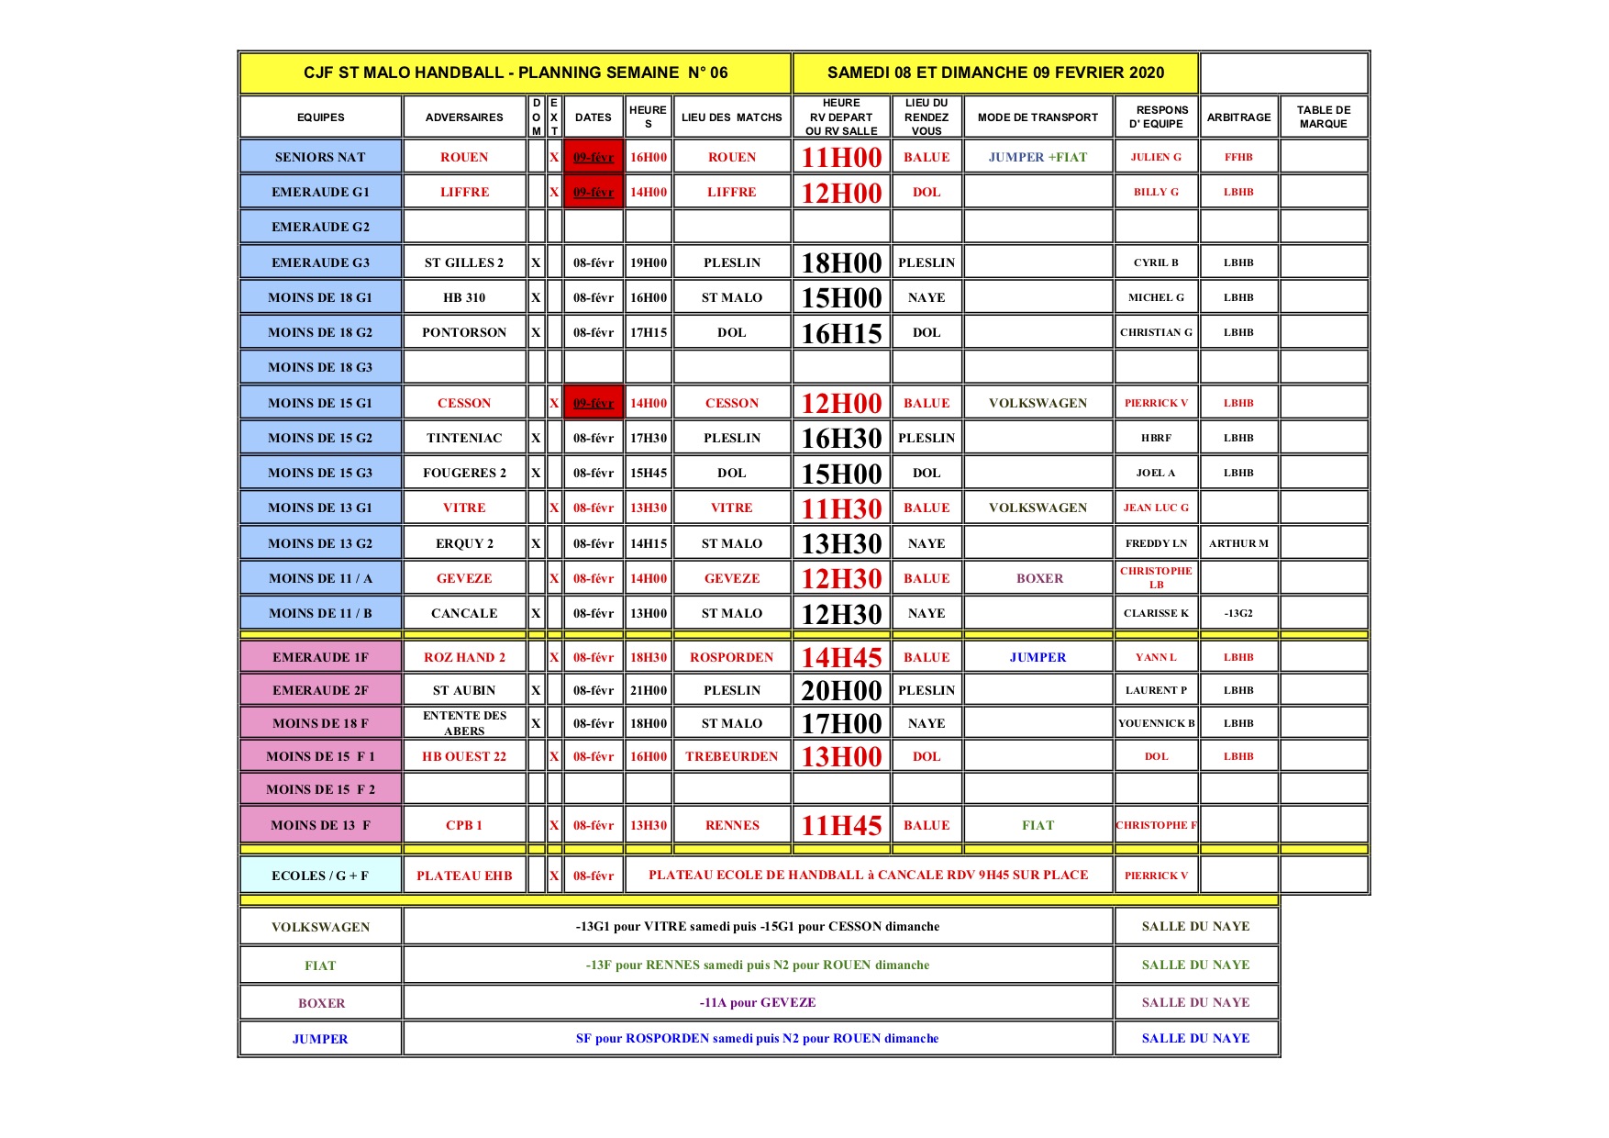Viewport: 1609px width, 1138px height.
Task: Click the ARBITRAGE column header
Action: click(x=1238, y=117)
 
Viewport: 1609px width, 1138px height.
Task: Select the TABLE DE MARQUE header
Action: click(x=1323, y=117)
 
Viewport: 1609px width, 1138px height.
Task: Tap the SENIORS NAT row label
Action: click(x=320, y=157)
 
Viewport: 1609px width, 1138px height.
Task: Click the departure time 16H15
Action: click(x=841, y=333)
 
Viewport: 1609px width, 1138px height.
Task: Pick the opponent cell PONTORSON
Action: click(x=464, y=332)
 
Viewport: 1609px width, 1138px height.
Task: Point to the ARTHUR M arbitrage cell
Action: click(x=1238, y=543)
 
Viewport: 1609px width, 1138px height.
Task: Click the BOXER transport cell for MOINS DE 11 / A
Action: click(x=1038, y=578)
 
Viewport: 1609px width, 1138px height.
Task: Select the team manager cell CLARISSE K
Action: click(x=1156, y=613)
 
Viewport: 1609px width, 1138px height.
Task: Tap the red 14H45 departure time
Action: click(x=841, y=657)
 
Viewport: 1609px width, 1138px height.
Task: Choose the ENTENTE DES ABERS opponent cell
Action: click(x=464, y=723)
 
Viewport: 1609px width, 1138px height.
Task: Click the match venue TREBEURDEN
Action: click(x=731, y=756)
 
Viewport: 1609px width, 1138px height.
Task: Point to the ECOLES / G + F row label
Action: click(x=320, y=876)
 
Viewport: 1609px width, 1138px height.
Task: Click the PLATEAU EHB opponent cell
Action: click(x=464, y=876)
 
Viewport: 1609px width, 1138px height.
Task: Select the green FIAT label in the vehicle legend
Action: click(x=320, y=965)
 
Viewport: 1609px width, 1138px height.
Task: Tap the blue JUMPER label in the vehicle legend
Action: click(x=320, y=1039)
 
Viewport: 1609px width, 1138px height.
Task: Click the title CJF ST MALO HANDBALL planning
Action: click(x=516, y=73)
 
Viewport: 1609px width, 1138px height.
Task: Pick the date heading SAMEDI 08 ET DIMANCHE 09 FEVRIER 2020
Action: click(x=995, y=73)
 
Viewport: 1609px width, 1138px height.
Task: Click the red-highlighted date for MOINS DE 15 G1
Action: click(x=594, y=403)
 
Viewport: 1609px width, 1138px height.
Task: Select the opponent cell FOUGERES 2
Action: click(x=464, y=473)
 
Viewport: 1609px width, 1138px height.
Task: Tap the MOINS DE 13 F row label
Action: click(x=320, y=825)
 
